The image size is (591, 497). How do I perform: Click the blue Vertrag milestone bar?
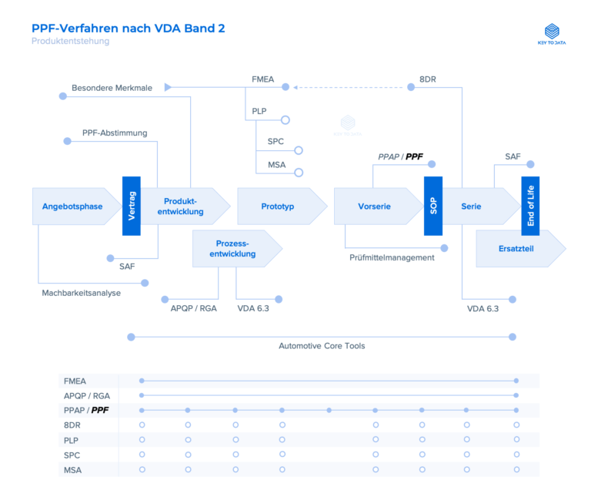[x=132, y=206]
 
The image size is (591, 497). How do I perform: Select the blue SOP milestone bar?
[x=433, y=206]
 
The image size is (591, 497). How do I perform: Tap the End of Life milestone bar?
[x=530, y=206]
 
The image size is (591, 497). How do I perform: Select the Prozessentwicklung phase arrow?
[x=235, y=248]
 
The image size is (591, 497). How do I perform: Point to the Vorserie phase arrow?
[x=376, y=207]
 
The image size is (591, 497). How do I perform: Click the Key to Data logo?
[x=552, y=35]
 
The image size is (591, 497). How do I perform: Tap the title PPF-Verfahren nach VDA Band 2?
[x=129, y=29]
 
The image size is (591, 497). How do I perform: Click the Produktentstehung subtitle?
[x=70, y=42]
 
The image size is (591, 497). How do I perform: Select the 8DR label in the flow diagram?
[x=429, y=79]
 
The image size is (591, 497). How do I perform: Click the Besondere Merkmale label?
[x=112, y=88]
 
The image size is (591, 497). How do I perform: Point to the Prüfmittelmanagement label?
[x=392, y=257]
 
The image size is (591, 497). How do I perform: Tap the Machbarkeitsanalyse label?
[x=82, y=293]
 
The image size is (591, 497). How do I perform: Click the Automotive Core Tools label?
[x=322, y=346]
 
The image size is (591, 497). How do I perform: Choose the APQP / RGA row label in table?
[x=86, y=395]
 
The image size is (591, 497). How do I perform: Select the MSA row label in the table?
[x=72, y=469]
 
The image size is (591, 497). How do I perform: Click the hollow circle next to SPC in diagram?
[x=299, y=150]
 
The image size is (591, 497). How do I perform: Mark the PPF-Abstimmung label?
[x=115, y=133]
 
